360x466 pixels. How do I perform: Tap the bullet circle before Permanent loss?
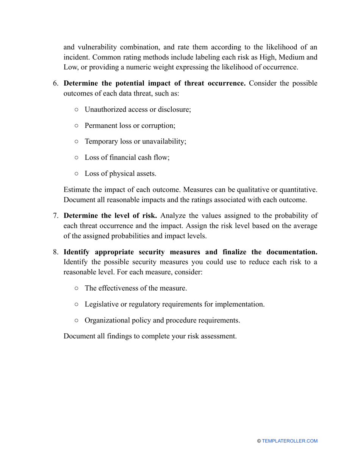coord(77,125)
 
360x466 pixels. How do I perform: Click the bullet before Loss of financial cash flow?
coord(77,157)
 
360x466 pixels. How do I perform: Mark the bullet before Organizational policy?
coord(77,320)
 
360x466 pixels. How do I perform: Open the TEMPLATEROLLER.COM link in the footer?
coord(290,441)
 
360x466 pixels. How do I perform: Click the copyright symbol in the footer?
coord(259,441)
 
